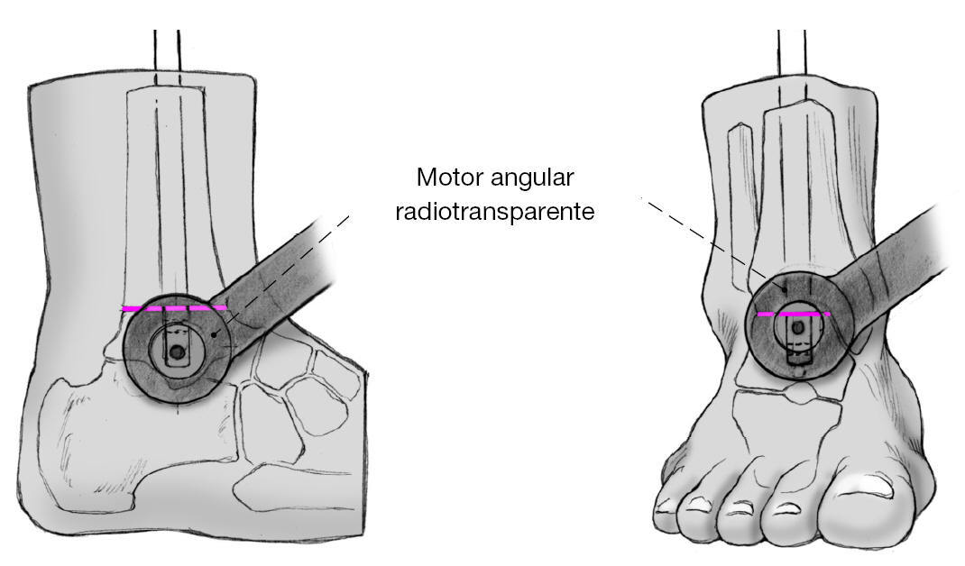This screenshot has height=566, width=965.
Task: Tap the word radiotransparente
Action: tap(494, 213)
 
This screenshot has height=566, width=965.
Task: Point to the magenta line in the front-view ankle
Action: tap(793, 315)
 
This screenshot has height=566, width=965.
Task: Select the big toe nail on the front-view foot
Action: tap(871, 486)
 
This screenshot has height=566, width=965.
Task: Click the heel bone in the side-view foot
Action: tap(99, 442)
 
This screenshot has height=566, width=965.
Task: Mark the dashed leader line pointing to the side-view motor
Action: tap(289, 261)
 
